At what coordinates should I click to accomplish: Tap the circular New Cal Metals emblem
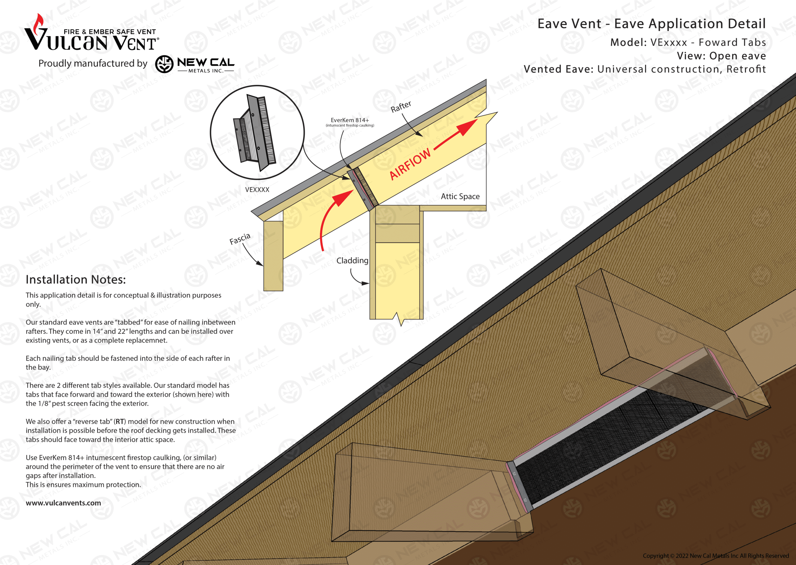click(164, 64)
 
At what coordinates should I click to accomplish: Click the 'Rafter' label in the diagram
click(401, 106)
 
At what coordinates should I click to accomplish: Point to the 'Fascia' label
click(240, 239)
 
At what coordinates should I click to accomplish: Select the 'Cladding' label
click(352, 261)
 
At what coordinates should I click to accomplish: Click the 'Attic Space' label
click(460, 197)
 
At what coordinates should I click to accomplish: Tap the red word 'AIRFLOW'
click(410, 164)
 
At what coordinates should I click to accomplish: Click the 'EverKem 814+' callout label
click(350, 120)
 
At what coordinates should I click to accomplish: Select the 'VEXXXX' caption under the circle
click(257, 189)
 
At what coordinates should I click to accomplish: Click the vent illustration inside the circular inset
click(255, 132)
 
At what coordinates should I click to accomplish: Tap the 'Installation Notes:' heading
click(76, 280)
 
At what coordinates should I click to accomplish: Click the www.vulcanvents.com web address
click(63, 503)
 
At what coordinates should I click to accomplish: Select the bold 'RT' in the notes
click(120, 421)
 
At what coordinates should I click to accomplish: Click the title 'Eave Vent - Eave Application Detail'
click(652, 24)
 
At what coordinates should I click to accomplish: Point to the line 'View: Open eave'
click(721, 56)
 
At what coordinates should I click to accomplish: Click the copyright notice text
click(716, 556)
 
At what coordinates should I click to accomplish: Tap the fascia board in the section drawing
click(273, 256)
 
